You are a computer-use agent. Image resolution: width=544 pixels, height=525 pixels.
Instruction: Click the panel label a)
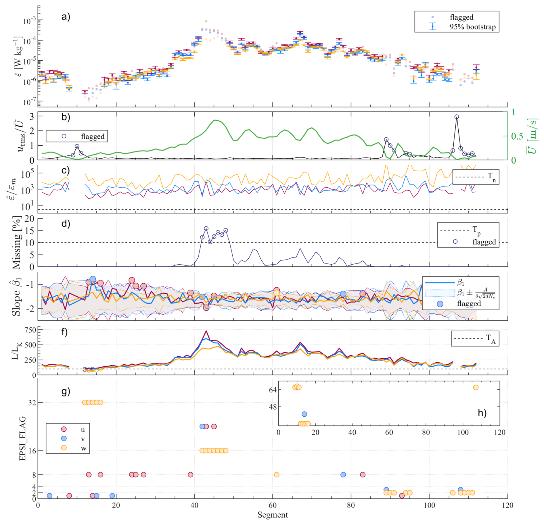(66, 17)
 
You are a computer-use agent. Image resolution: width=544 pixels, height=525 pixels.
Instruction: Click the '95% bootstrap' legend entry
(472, 27)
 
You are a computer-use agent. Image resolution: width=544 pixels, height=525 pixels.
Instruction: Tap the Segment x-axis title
(272, 515)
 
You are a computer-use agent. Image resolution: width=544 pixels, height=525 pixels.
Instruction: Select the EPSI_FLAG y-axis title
(23, 438)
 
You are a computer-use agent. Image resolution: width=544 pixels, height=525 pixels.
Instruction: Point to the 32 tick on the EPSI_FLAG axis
(32, 402)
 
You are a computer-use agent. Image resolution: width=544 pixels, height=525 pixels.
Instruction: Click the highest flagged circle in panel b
(457, 117)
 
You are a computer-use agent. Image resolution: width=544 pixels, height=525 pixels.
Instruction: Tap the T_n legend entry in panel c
(491, 176)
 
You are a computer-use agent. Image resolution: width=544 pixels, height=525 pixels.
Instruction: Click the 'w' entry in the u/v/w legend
(83, 448)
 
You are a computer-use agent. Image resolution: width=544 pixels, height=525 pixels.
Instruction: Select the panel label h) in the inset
(482, 413)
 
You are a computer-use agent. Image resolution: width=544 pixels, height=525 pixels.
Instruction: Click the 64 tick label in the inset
(273, 390)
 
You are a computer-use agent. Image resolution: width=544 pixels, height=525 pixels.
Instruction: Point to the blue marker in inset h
(304, 414)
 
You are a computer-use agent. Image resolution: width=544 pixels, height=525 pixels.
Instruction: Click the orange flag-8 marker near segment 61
(276, 474)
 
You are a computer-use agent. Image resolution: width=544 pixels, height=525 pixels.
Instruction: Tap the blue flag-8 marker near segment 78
(343, 474)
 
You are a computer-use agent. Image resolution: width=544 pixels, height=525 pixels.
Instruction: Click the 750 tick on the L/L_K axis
(30, 330)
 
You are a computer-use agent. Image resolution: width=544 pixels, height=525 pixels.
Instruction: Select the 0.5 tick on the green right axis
(517, 136)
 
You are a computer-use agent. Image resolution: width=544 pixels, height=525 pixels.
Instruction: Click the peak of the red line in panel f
(206, 331)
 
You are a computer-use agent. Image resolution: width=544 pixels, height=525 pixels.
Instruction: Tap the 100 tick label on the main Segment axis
(429, 505)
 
